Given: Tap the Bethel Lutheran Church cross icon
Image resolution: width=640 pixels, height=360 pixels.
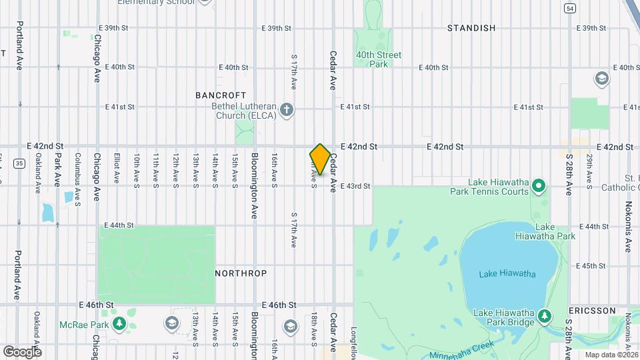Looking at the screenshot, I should pyautogui.click(x=287, y=110).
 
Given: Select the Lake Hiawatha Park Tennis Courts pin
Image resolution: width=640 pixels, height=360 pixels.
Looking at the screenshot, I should pyautogui.click(x=540, y=185).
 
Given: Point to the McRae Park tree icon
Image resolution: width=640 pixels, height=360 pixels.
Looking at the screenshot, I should pyautogui.click(x=119, y=324).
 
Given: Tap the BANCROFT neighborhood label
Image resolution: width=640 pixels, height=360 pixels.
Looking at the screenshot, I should pyautogui.click(x=221, y=95).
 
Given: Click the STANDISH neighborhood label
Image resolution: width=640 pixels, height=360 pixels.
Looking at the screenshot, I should pyautogui.click(x=471, y=28).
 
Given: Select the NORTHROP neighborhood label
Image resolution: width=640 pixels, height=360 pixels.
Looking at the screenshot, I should pyautogui.click(x=241, y=273).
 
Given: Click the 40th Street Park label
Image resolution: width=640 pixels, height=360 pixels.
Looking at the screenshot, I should pyautogui.click(x=379, y=59).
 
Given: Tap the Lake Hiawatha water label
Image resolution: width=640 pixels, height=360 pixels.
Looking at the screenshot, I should pyautogui.click(x=507, y=273).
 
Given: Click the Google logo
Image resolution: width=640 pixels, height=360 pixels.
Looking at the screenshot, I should pyautogui.click(x=21, y=351).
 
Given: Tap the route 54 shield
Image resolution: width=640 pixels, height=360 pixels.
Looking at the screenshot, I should pyautogui.click(x=569, y=8).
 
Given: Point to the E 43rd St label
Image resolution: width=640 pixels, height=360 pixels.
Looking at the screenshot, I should pyautogui.click(x=355, y=186).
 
